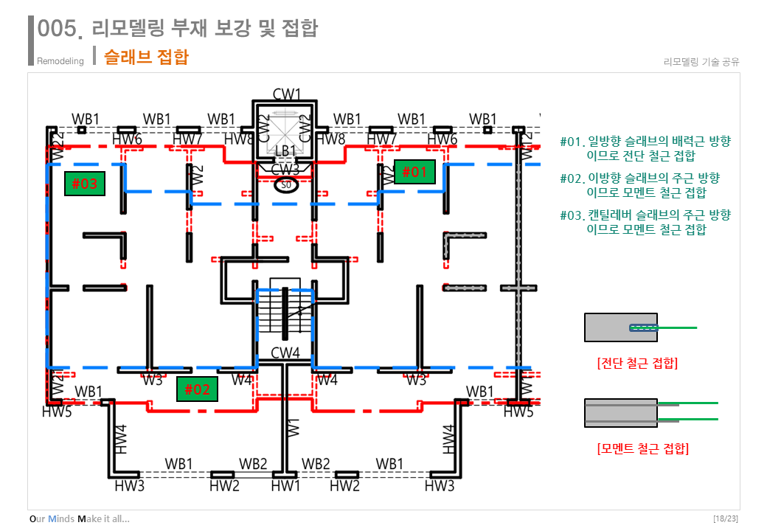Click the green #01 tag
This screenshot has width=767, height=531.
[414, 172]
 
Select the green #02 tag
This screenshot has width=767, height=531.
[198, 389]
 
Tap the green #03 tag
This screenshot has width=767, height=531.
[85, 183]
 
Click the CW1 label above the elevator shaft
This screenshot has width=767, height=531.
[287, 94]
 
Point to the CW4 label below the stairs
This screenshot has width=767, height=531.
[285, 353]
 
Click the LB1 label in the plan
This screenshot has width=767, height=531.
[285, 150]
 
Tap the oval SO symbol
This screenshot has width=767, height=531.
[285, 184]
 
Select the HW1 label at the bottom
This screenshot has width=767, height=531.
[285, 485]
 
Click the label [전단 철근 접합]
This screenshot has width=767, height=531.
[637, 363]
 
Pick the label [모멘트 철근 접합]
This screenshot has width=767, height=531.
[642, 448]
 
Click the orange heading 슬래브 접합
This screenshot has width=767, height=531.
[146, 57]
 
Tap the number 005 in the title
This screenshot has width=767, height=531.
[58, 29]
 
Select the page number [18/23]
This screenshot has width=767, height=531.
[726, 518]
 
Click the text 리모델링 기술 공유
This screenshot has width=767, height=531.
[701, 62]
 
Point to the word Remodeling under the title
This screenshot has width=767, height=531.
[60, 61]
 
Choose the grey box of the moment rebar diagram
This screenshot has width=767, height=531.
[620, 413]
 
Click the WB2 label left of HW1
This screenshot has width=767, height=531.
[253, 464]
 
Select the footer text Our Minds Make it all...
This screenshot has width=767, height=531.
[80, 518]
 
